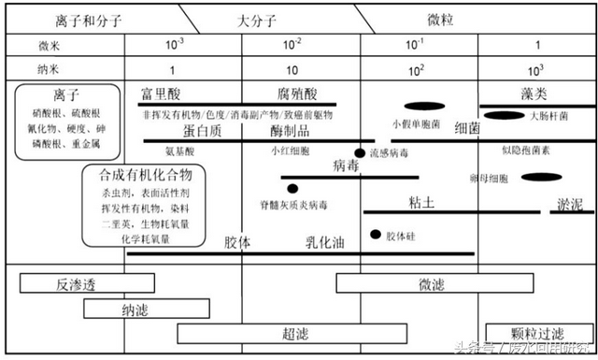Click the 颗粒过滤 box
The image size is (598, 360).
538,333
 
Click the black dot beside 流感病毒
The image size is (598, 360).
359,152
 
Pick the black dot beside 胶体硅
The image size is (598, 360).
376,235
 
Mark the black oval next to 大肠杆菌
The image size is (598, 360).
505,116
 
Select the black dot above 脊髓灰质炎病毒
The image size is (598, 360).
292,188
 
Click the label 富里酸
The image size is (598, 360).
159,94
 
